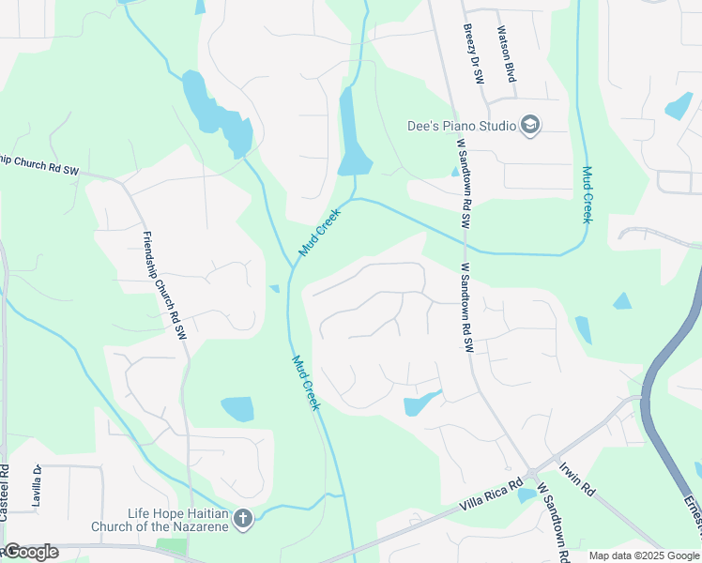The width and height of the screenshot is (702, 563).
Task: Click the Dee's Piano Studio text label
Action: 461,126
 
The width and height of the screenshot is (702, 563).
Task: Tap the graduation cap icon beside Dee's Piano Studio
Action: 530,126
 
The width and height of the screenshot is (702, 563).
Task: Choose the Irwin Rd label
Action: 577,479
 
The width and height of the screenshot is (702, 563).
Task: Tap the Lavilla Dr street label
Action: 37,486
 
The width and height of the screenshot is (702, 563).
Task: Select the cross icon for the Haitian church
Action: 243,519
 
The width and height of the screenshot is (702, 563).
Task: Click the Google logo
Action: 30,552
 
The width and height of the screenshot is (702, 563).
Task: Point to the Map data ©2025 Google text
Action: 644,555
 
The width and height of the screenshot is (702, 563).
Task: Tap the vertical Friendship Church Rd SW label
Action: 165,285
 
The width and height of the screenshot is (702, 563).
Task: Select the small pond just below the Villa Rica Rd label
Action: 526,495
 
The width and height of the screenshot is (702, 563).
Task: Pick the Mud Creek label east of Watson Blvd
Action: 588,194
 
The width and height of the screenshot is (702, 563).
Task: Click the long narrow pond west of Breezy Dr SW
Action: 352,131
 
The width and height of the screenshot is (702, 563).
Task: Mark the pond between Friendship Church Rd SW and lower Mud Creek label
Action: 237,409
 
